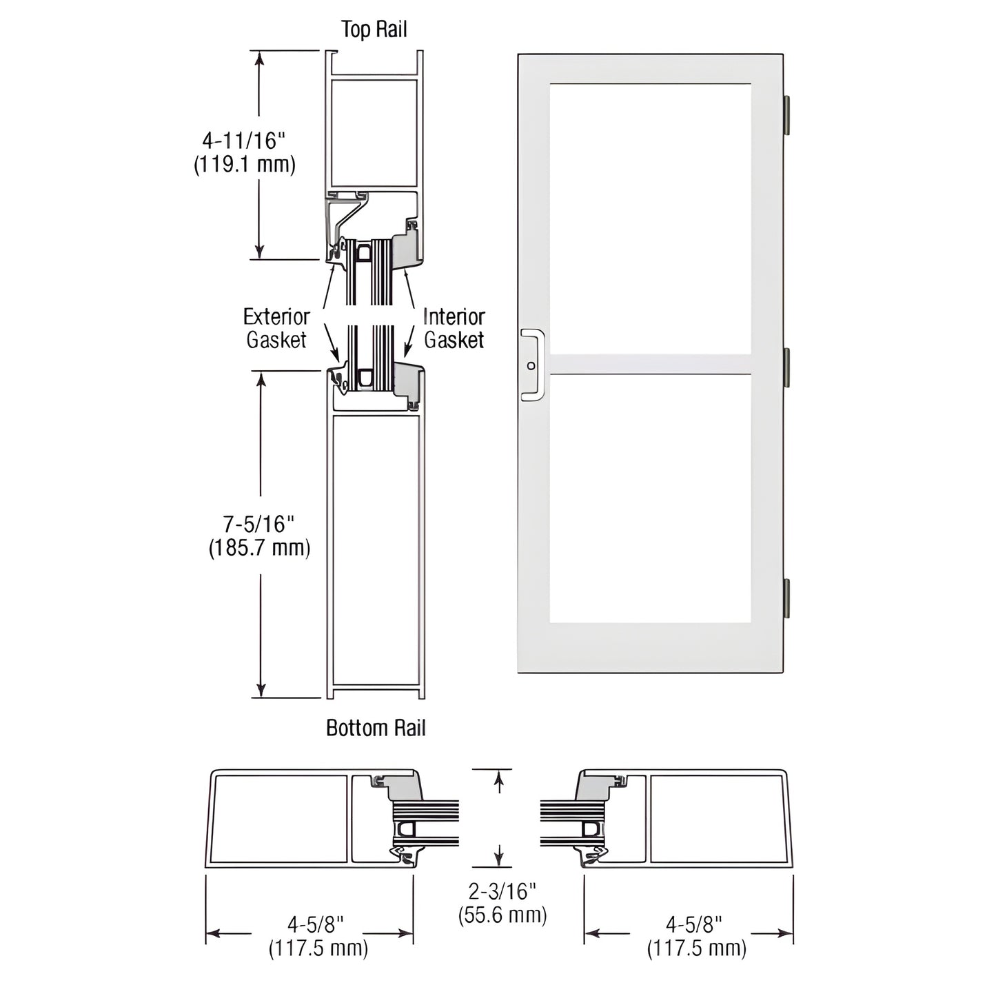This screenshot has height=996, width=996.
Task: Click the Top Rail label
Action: point(374,29)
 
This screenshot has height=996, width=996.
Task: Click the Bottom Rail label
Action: point(376,728)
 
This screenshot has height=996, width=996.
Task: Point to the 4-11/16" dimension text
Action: point(244,140)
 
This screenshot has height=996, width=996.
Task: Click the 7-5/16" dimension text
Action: point(258,524)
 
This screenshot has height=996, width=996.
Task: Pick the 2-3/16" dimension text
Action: point(502,891)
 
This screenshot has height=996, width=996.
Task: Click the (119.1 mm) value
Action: point(245,164)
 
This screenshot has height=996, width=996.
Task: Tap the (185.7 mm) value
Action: point(259,548)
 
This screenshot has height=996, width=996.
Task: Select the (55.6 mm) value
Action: point(502,915)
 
